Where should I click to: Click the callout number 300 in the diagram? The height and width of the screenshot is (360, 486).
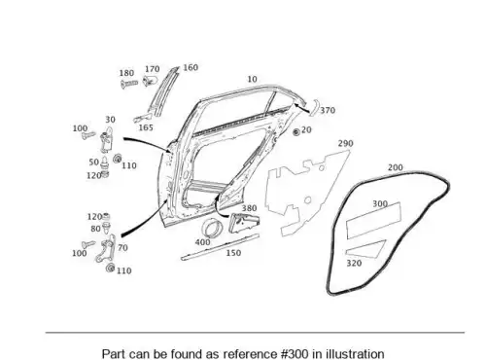[x=380, y=203]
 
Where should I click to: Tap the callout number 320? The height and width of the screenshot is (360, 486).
[x=354, y=263]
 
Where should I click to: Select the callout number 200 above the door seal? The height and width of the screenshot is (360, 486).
[x=396, y=167]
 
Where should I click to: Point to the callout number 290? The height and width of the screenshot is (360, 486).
[x=345, y=143]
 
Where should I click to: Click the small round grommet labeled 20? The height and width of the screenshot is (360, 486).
[x=295, y=132]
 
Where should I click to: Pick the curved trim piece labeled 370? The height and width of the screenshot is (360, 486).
[x=313, y=108]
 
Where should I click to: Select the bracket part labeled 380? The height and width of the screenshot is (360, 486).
[x=243, y=223]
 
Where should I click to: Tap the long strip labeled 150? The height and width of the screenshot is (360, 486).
[x=220, y=247]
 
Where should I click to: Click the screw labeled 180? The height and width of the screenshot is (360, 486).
[x=129, y=85]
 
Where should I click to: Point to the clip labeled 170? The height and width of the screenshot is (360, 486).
[x=150, y=80]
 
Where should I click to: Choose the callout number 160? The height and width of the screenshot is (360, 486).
[x=191, y=67]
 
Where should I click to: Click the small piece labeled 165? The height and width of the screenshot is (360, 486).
[x=142, y=118]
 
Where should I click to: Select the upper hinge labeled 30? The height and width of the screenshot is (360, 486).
[x=107, y=140]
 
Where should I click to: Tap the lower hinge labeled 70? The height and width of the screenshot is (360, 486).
[x=106, y=248]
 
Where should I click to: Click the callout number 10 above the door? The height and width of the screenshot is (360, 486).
[x=252, y=79]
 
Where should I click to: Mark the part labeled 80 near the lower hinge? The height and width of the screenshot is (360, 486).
[x=106, y=228]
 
